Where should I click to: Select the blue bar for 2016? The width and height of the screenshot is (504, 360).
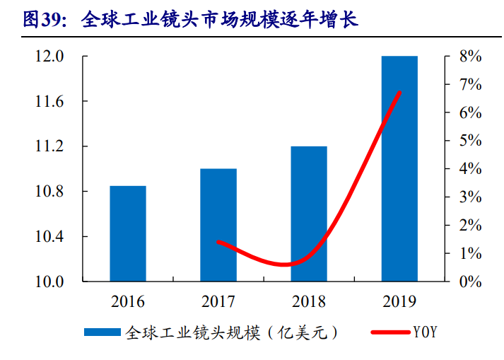tap(128, 233)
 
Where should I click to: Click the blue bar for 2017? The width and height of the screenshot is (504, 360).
tap(218, 225)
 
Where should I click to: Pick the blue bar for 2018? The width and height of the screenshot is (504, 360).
tap(309, 214)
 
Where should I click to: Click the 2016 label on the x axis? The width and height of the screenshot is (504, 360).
tap(128, 302)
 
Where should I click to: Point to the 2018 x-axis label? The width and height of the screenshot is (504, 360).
tap(309, 302)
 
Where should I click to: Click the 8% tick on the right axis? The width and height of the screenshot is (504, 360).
tap(469, 57)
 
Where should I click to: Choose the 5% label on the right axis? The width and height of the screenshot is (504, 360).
tap(469, 141)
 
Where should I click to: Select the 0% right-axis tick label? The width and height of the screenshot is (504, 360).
tap(469, 281)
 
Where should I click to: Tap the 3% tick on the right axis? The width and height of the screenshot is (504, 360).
tap(469, 197)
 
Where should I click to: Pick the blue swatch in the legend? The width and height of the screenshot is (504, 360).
tap(103, 332)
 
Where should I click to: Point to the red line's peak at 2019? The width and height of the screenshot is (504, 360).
tap(400, 93)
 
